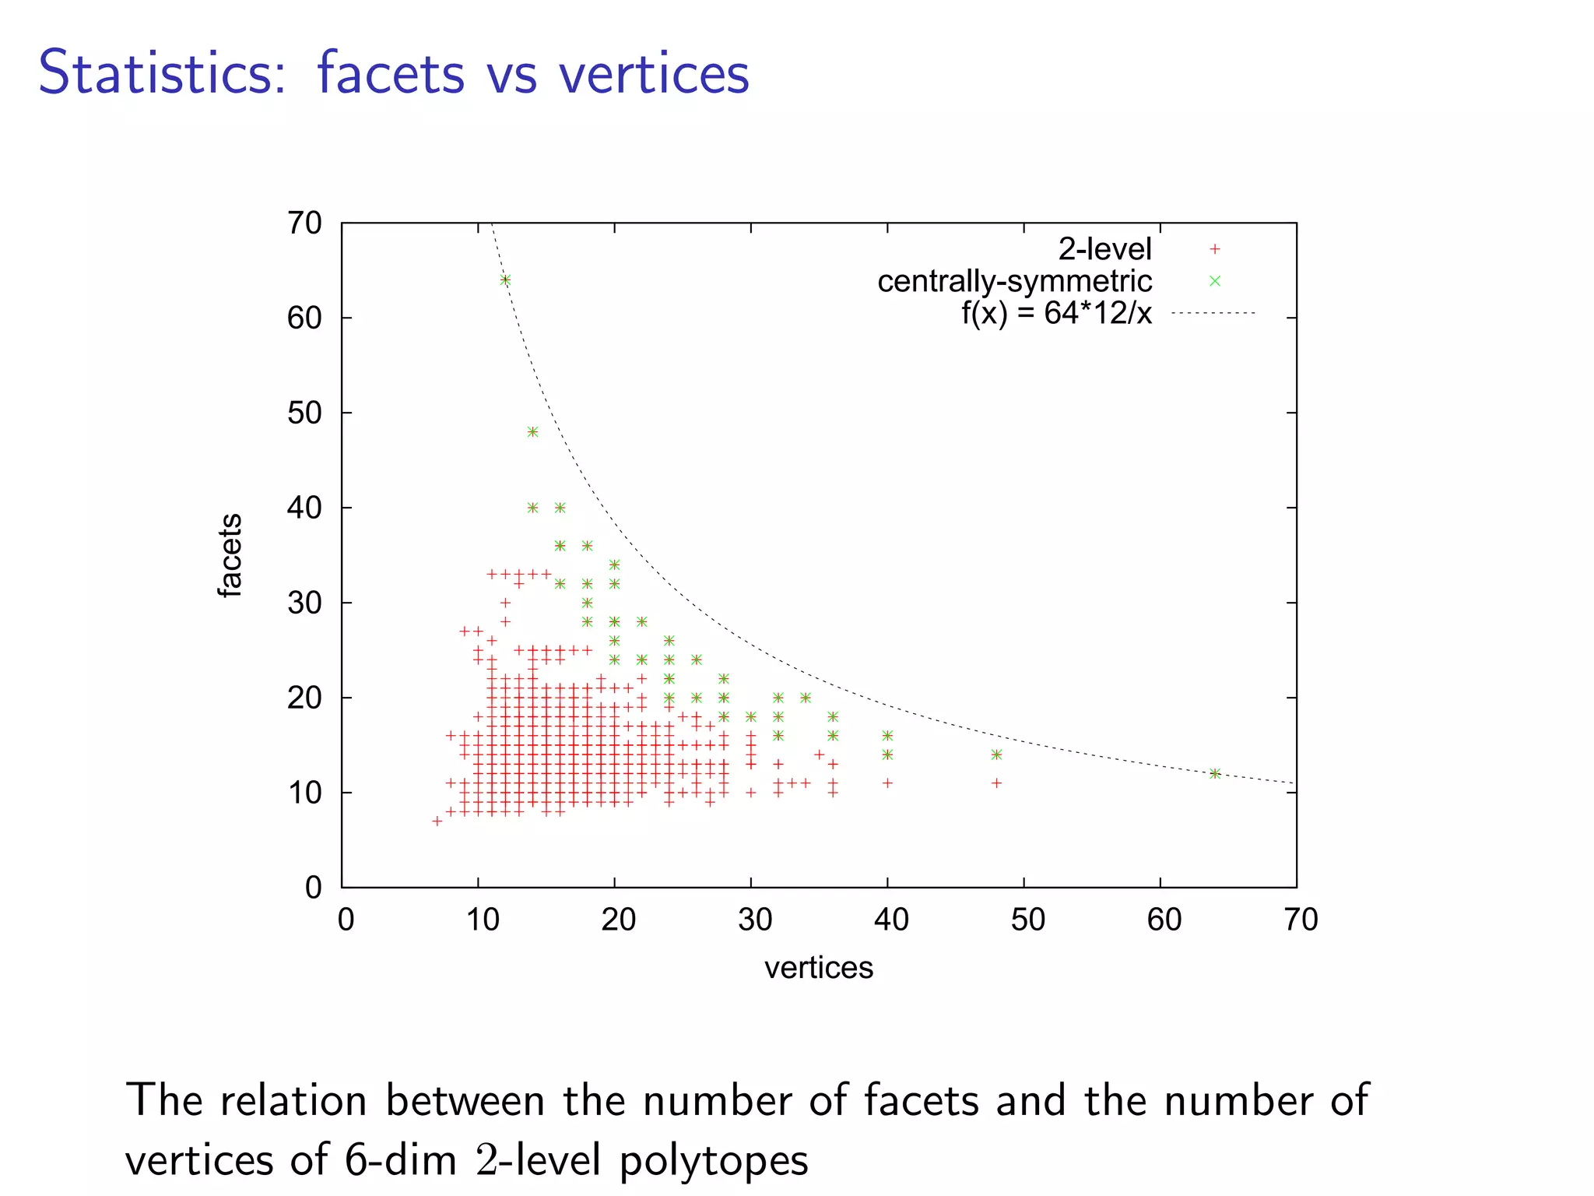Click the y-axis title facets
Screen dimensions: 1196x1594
tap(230, 555)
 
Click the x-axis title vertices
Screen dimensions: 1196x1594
tap(819, 968)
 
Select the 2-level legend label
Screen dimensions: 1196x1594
tap(1104, 249)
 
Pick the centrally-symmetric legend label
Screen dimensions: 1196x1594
tap(1014, 281)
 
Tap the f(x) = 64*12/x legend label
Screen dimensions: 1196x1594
tap(1056, 313)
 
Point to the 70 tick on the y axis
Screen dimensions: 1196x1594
tap(304, 223)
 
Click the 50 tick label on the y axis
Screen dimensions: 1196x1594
tap(304, 413)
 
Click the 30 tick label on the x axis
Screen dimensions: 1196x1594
tap(754, 920)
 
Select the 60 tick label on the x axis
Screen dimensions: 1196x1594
tap(1164, 920)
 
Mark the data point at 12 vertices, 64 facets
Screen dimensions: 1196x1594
tap(506, 280)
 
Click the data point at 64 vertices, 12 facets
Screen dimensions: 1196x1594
tap(1215, 774)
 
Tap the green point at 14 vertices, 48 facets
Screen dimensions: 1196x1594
tap(533, 432)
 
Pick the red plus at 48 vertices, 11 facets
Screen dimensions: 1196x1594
tap(997, 783)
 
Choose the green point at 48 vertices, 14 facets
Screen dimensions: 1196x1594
tap(997, 755)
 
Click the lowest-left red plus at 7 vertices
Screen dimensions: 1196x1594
tap(437, 821)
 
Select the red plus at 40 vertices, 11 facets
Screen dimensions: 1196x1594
tap(888, 783)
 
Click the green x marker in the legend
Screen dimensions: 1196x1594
tap(1215, 281)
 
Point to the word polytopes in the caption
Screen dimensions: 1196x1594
tap(714, 1160)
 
